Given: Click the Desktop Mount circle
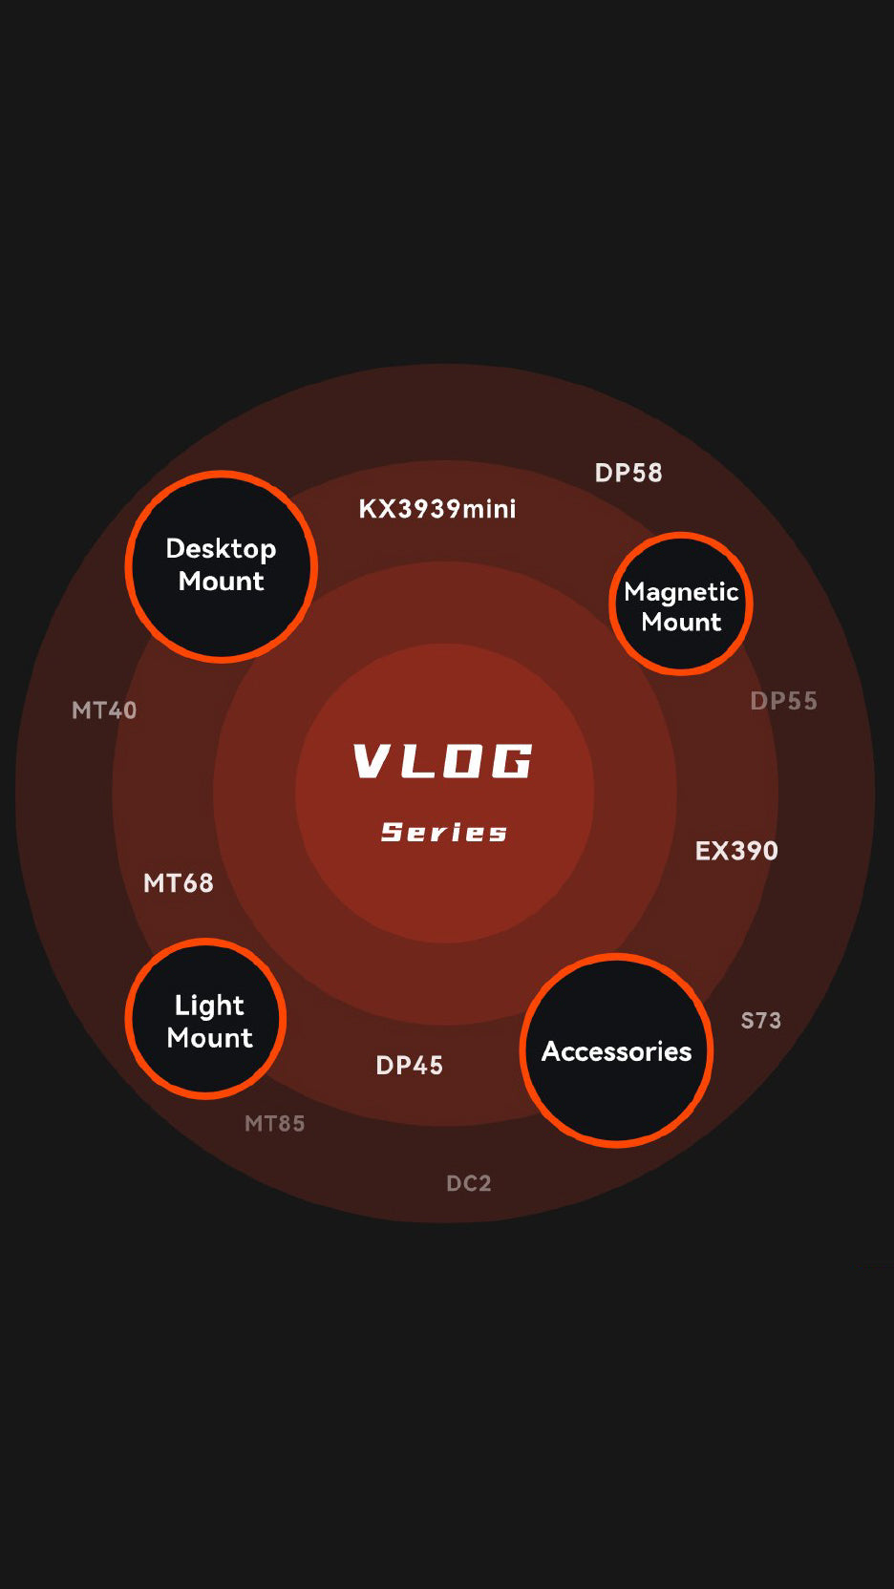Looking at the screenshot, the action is coord(222,566).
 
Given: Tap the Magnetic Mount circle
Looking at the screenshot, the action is coord(680,603).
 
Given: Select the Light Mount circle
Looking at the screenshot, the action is coord(205,1019).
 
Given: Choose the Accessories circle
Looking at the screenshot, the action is coord(617,1050).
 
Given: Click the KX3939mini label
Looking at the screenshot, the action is coord(437,509).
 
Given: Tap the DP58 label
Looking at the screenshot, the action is coord(628,473).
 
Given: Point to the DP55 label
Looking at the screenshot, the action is coord(784,702).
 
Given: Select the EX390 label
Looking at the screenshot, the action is coord(736,851).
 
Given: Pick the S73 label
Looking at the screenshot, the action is coord(761,1021).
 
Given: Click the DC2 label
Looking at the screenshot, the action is coord(469,1183).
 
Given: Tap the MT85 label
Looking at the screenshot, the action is coord(274,1124).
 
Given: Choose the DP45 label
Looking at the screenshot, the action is coord(410,1066).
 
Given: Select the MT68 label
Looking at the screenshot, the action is coord(178,884).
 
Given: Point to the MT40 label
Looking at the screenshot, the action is coord(104,710).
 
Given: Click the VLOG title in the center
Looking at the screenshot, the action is coord(443,761).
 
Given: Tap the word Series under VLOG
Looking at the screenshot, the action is coord(444,832).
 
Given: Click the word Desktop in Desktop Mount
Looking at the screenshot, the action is coord(222,550).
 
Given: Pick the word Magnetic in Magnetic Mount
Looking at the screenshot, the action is coord(681,593).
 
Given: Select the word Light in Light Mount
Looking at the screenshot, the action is coord(209,1006).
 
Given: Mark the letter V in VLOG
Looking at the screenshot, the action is coord(372,761).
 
